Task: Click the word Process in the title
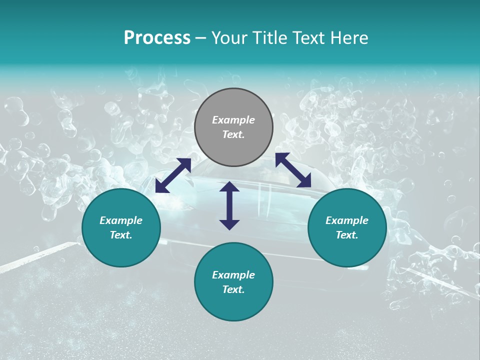(x=157, y=38)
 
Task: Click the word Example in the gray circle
(x=233, y=120)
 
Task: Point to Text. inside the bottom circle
(x=233, y=289)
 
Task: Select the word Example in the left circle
(x=121, y=220)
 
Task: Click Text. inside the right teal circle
(x=347, y=235)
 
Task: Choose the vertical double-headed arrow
(x=229, y=205)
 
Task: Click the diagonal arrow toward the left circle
(x=173, y=175)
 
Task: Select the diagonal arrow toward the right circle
(x=293, y=170)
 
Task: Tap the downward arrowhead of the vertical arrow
(x=229, y=224)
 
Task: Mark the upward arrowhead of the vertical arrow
(x=229, y=186)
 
